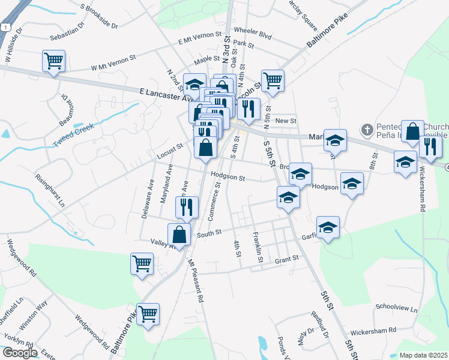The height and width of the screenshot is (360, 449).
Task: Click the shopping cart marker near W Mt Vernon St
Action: click(53, 61)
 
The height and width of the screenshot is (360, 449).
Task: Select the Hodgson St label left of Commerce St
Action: click(228, 178)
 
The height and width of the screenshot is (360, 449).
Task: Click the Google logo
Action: click(19, 353)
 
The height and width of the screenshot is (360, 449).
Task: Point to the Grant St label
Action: click(286, 259)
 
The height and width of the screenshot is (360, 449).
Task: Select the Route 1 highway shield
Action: click(5, 28)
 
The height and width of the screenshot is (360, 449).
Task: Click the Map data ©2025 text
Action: click(424, 355)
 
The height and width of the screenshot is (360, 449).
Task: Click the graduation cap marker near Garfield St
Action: click(328, 227)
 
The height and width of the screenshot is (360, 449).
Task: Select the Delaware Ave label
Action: click(146, 198)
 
